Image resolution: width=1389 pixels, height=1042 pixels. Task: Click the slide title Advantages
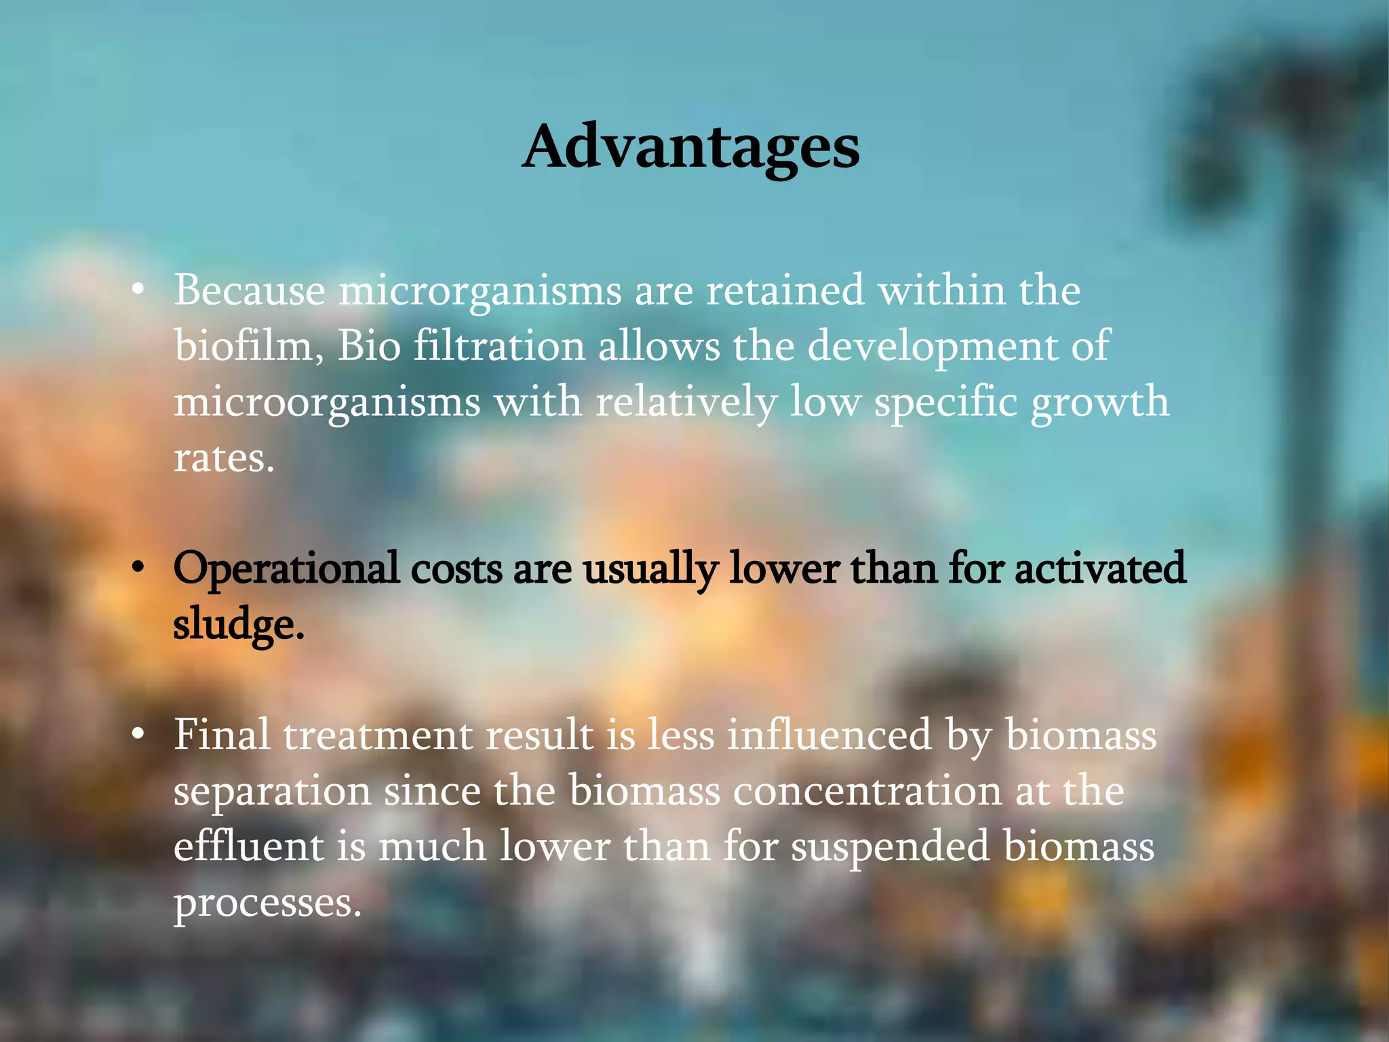point(691,147)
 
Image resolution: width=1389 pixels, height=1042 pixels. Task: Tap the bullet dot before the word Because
point(138,290)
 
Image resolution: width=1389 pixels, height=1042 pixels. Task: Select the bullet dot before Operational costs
point(138,568)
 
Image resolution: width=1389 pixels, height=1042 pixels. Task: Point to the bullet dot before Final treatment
point(138,735)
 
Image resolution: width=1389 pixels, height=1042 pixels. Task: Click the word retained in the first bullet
point(785,290)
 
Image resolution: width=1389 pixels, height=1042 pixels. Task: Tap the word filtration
point(498,346)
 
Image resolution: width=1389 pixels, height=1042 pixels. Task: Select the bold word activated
point(1099,568)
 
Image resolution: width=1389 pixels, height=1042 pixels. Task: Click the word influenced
point(829,735)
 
